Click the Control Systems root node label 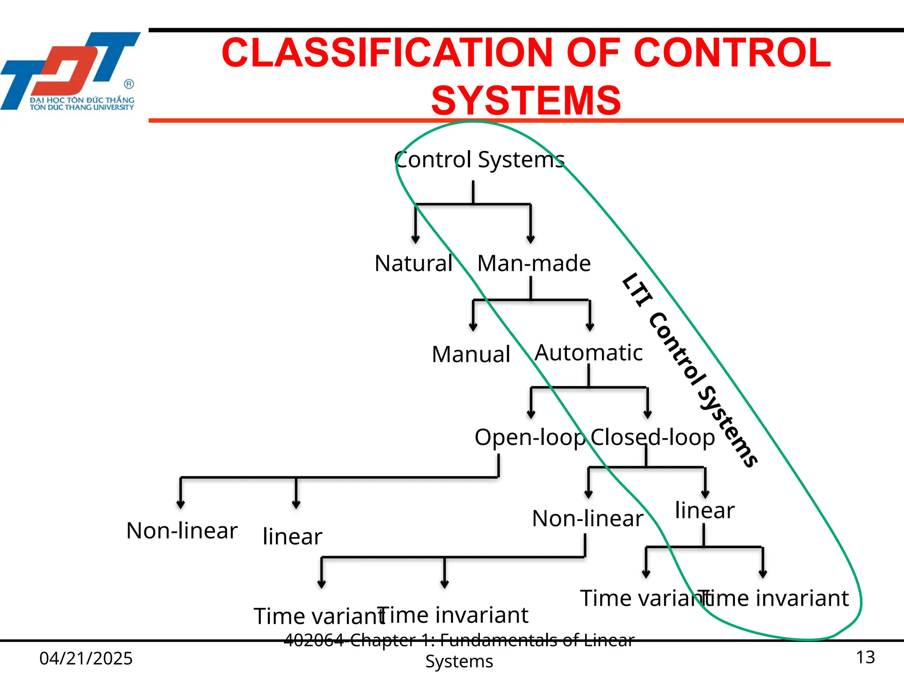tap(479, 160)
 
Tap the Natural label tap(414, 264)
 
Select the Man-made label tap(534, 264)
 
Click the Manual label tap(471, 354)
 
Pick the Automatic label tap(588, 353)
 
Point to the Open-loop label tap(530, 437)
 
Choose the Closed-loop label tap(653, 437)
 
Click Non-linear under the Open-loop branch tap(182, 531)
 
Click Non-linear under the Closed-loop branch tap(588, 519)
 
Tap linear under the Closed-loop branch tap(704, 511)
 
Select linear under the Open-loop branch tap(292, 537)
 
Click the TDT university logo tap(71, 71)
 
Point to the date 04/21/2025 tap(86, 659)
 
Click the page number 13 tap(865, 657)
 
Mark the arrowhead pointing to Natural tap(415, 240)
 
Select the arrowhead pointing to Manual tap(473, 328)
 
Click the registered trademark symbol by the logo tap(129, 84)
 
